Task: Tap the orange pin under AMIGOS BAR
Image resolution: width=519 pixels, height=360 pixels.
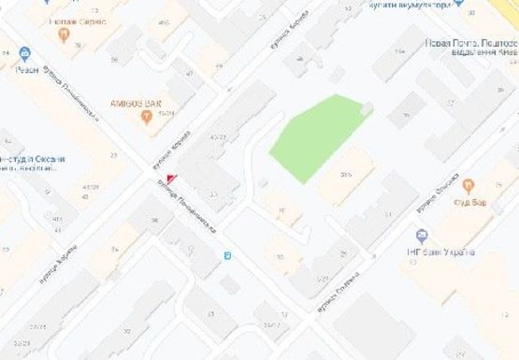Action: click(146, 117)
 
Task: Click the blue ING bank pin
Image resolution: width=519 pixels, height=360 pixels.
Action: click(422, 236)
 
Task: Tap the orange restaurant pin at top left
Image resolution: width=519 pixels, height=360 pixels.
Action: click(64, 36)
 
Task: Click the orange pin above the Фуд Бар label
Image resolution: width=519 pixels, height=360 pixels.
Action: click(468, 185)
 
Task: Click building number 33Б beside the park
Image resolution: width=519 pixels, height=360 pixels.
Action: click(346, 175)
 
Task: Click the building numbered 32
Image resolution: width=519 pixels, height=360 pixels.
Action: click(127, 332)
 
